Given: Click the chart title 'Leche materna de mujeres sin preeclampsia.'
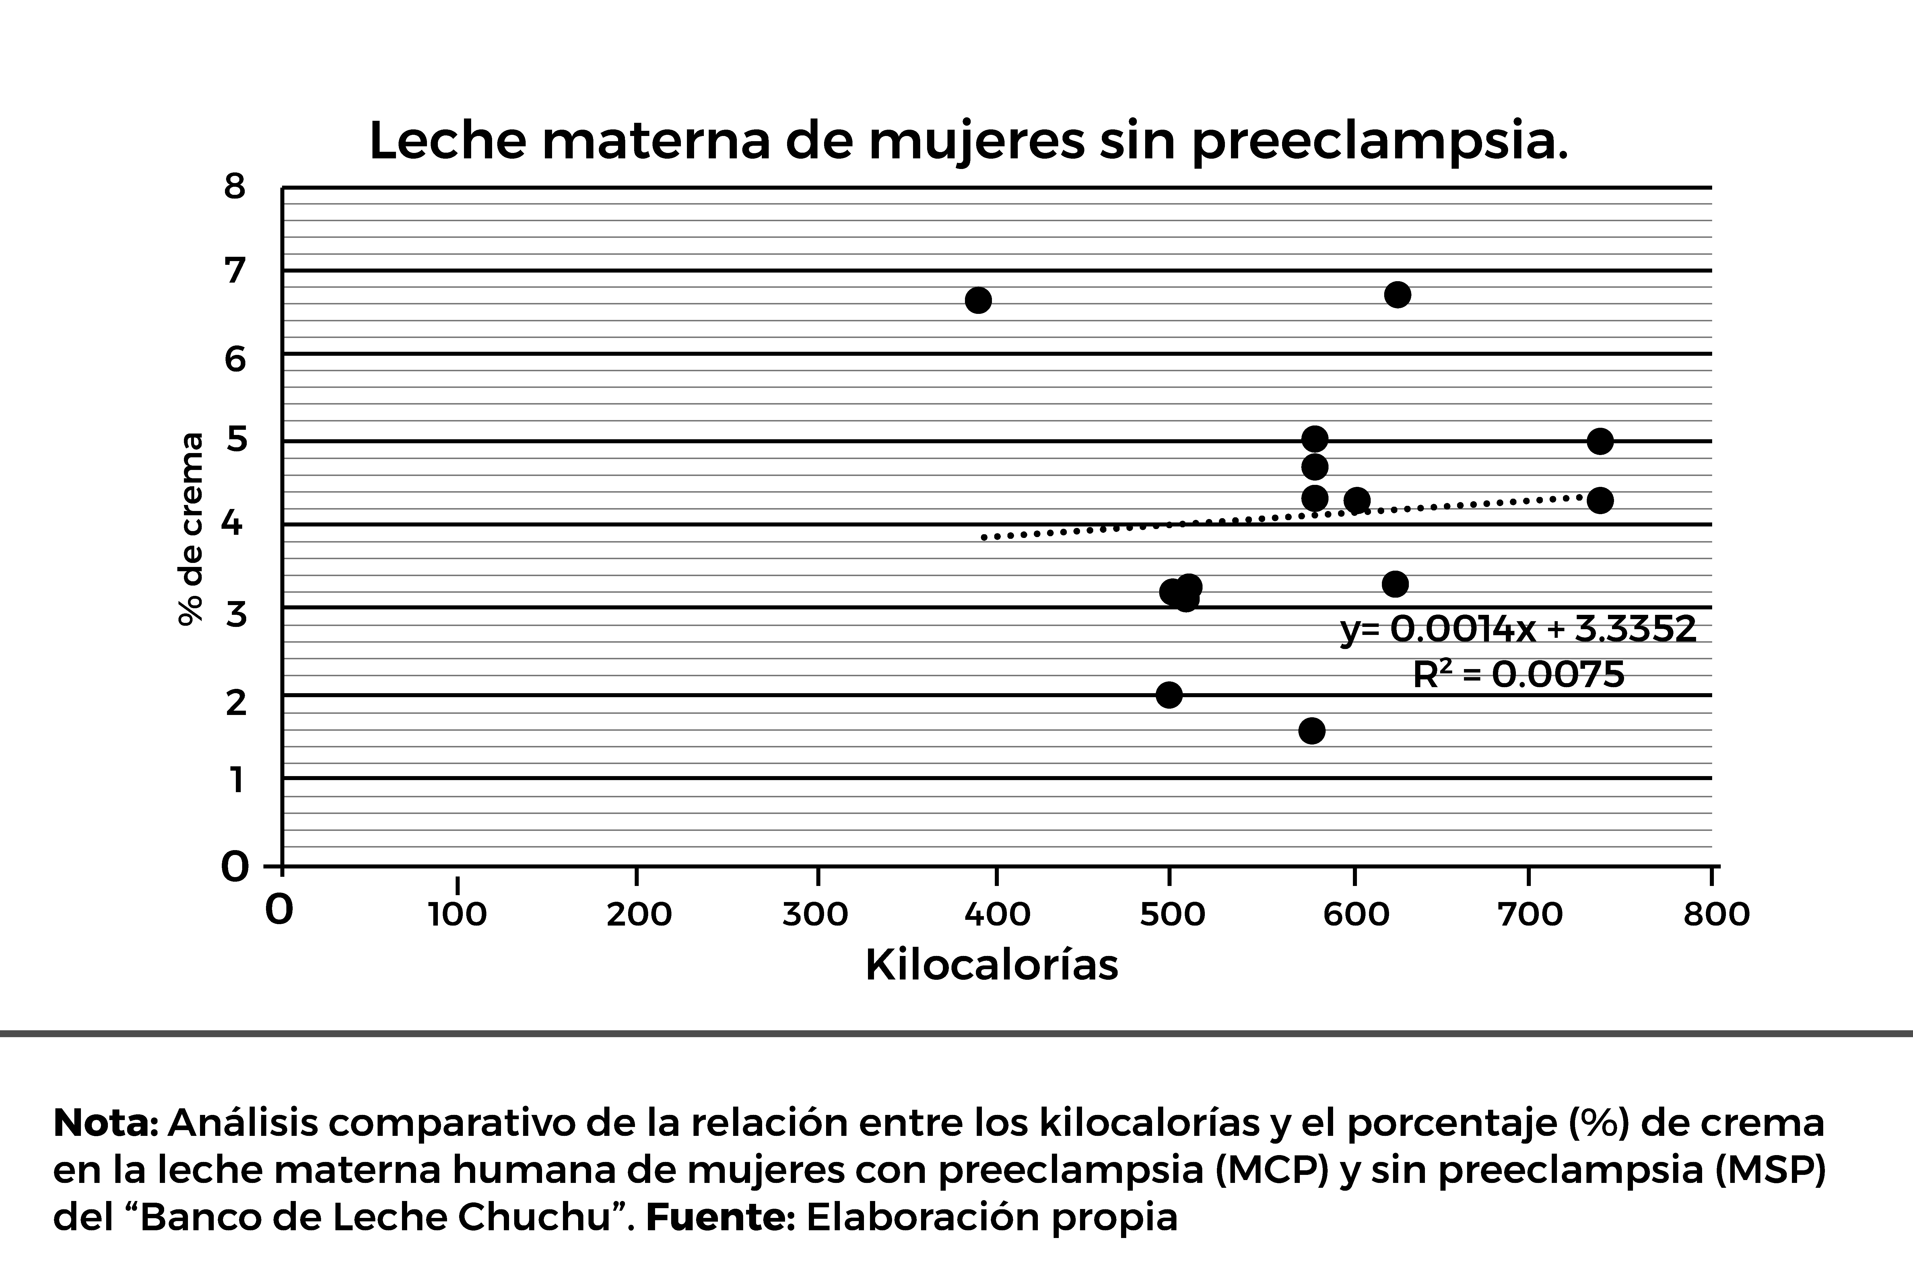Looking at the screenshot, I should click(968, 141).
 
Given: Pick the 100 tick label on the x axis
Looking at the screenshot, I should click(457, 915).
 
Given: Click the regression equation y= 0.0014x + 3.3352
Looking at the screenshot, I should click(1518, 629).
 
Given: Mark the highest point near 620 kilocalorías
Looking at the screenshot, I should click(1397, 295).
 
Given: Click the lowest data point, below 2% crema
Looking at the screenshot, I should click(1311, 731).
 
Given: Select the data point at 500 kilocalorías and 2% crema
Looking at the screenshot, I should click(1168, 695).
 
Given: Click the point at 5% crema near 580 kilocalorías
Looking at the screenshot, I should click(1314, 439).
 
